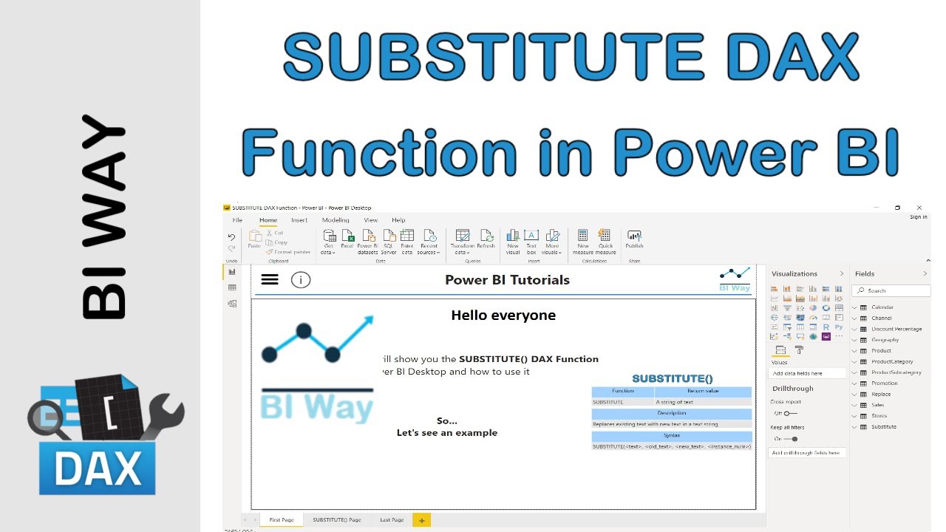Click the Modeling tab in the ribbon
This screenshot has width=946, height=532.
[336, 220]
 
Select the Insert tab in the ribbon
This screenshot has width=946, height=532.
[299, 220]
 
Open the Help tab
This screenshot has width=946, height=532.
[398, 220]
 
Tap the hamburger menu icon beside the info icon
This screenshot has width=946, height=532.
[270, 279]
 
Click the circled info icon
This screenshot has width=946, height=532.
[301, 279]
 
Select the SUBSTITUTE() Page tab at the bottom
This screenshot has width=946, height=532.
[337, 519]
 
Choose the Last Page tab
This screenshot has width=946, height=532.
[392, 519]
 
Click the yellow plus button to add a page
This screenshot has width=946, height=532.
[422, 519]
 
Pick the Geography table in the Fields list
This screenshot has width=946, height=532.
[885, 340]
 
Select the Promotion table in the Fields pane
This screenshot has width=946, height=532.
[884, 383]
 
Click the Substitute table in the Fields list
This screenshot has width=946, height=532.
[883, 426]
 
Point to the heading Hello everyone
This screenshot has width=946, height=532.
[503, 316]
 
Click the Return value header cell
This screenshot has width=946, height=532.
[702, 391]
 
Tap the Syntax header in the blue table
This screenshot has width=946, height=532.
[671, 435]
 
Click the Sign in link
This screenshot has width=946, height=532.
[918, 216]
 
